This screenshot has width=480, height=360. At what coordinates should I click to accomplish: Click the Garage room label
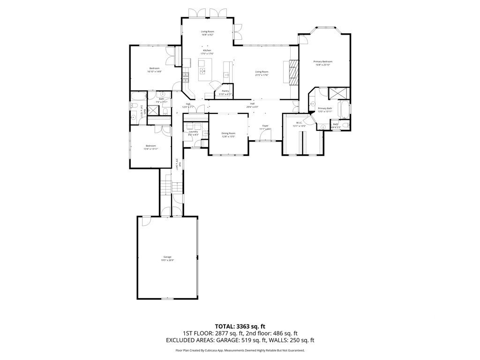pos(167,257)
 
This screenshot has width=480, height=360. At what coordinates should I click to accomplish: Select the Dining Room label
pos(228,133)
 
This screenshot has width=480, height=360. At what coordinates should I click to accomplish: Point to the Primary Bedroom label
pos(323,62)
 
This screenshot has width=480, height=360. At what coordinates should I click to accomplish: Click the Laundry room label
pos(194,132)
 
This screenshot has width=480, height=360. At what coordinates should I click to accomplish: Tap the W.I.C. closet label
pos(299,123)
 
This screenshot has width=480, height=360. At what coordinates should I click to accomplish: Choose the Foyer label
pos(265,126)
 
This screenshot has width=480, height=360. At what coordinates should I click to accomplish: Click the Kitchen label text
pos(207,50)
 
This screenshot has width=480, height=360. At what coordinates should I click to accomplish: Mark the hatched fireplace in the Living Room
pos(293,72)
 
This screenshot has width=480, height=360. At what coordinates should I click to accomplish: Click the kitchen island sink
pos(203,71)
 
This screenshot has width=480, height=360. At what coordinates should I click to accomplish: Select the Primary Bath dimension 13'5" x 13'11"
pos(325,112)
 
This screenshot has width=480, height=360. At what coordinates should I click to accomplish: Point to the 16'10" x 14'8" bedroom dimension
pos(154,72)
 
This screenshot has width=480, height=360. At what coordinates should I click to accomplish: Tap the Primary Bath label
pos(325,108)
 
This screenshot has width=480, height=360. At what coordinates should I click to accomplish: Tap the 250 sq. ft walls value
pos(302,340)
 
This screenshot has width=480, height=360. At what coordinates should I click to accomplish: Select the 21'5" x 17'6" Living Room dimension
pos(262,75)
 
